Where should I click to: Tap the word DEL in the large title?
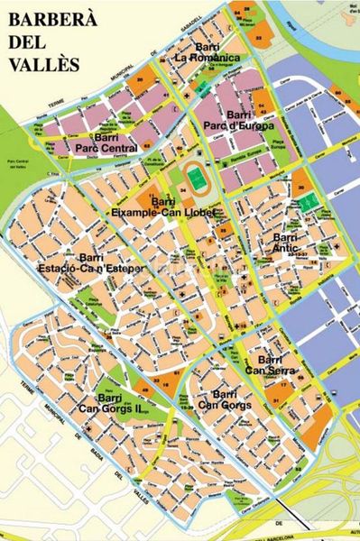(28, 42)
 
